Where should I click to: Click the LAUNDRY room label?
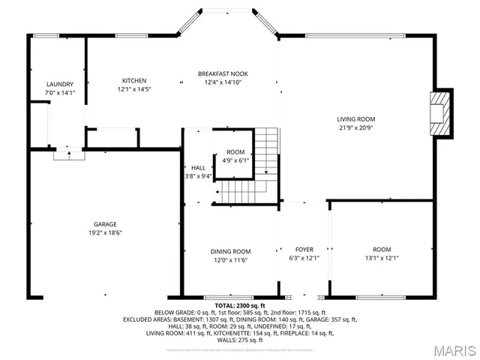[x=59, y=84]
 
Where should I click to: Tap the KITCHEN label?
[x=134, y=80]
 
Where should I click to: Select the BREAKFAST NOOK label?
[x=223, y=73]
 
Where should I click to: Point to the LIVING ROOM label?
[x=355, y=118]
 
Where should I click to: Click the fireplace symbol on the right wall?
[x=441, y=113]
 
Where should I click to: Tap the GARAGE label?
[x=105, y=223]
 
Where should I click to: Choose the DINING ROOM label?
[x=230, y=251]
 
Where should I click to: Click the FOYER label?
[x=304, y=250]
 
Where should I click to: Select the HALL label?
[x=198, y=168]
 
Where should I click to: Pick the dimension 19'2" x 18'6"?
[x=105, y=233]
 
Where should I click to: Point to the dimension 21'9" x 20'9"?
[x=355, y=128]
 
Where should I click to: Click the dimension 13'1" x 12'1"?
[x=382, y=259]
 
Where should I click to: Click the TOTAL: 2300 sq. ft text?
[x=239, y=306]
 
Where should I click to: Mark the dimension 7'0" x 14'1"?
[x=59, y=93]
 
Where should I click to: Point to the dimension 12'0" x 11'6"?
[x=230, y=260]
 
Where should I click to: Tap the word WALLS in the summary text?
[x=225, y=340]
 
